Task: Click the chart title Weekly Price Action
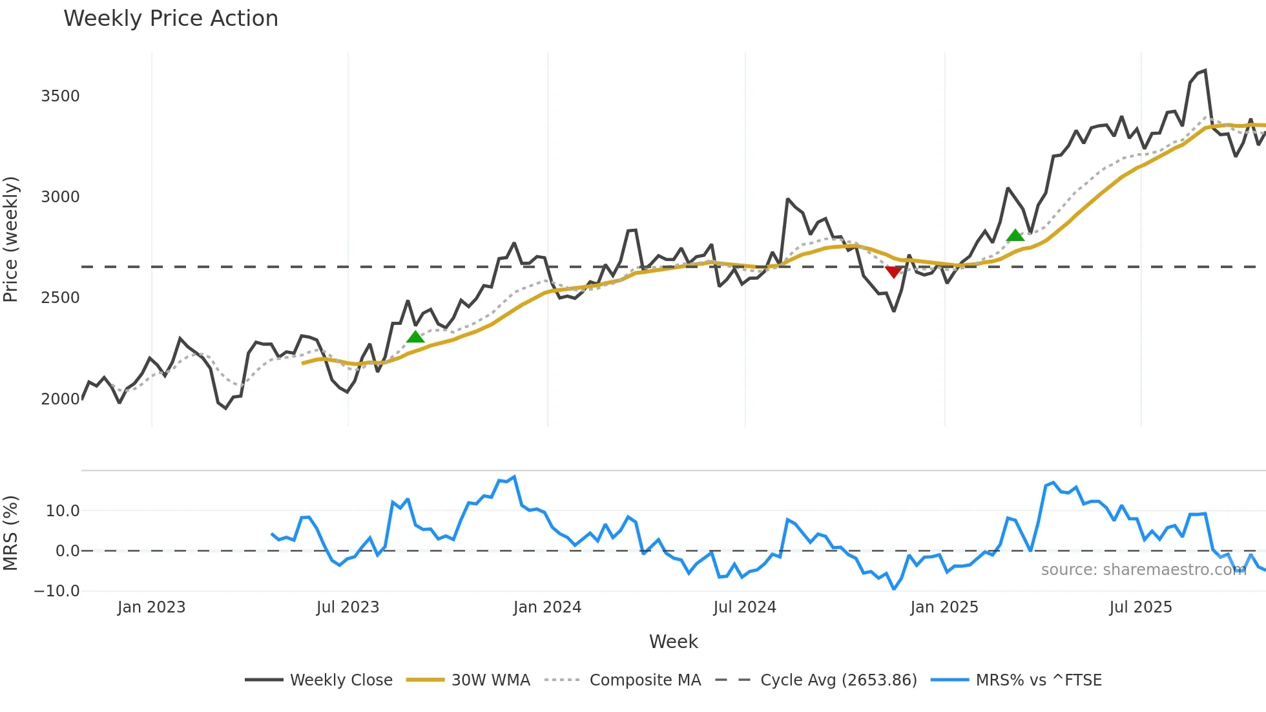click(171, 19)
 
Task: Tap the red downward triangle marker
click(893, 272)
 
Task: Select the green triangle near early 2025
click(1015, 236)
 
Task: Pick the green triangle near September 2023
click(415, 337)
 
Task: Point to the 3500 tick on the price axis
click(60, 96)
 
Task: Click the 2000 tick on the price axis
click(60, 399)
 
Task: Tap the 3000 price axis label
click(60, 197)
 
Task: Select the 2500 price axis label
click(60, 298)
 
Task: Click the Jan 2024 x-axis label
click(547, 607)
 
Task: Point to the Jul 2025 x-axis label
click(1140, 607)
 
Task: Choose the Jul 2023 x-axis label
click(348, 607)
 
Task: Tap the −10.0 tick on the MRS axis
click(57, 591)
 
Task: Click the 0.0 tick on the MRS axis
click(67, 551)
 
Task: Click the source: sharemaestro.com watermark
click(1143, 570)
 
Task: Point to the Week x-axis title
click(673, 642)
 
